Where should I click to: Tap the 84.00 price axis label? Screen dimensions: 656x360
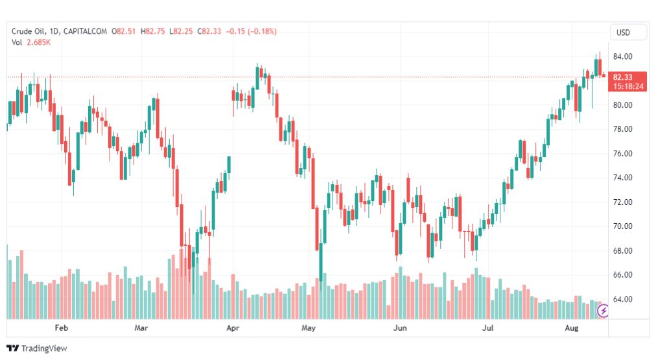(622, 56)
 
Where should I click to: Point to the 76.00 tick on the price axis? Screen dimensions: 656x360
(622, 154)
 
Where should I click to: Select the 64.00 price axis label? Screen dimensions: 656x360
(622, 299)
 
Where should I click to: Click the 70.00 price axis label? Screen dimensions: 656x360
(622, 226)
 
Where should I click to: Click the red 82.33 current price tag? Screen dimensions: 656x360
(627, 82)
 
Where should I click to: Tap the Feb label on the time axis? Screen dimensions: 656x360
(62, 328)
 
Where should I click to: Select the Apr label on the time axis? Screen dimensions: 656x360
(233, 328)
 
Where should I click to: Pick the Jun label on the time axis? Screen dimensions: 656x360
(400, 328)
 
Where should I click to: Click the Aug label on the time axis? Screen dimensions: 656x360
(572, 328)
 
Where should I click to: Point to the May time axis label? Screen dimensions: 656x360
(309, 328)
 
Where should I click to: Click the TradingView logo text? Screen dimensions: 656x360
(44, 348)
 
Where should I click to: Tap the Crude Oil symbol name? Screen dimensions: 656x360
(29, 31)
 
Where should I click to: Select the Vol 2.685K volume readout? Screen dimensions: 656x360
(31, 42)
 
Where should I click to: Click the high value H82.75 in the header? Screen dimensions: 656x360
(153, 31)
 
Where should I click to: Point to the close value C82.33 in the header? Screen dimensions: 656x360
(209, 31)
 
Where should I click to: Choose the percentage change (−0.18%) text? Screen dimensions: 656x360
(262, 31)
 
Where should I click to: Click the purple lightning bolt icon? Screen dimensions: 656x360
(603, 311)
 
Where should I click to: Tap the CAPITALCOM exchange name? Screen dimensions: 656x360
(86, 31)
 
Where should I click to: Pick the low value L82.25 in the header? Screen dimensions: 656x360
(181, 31)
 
